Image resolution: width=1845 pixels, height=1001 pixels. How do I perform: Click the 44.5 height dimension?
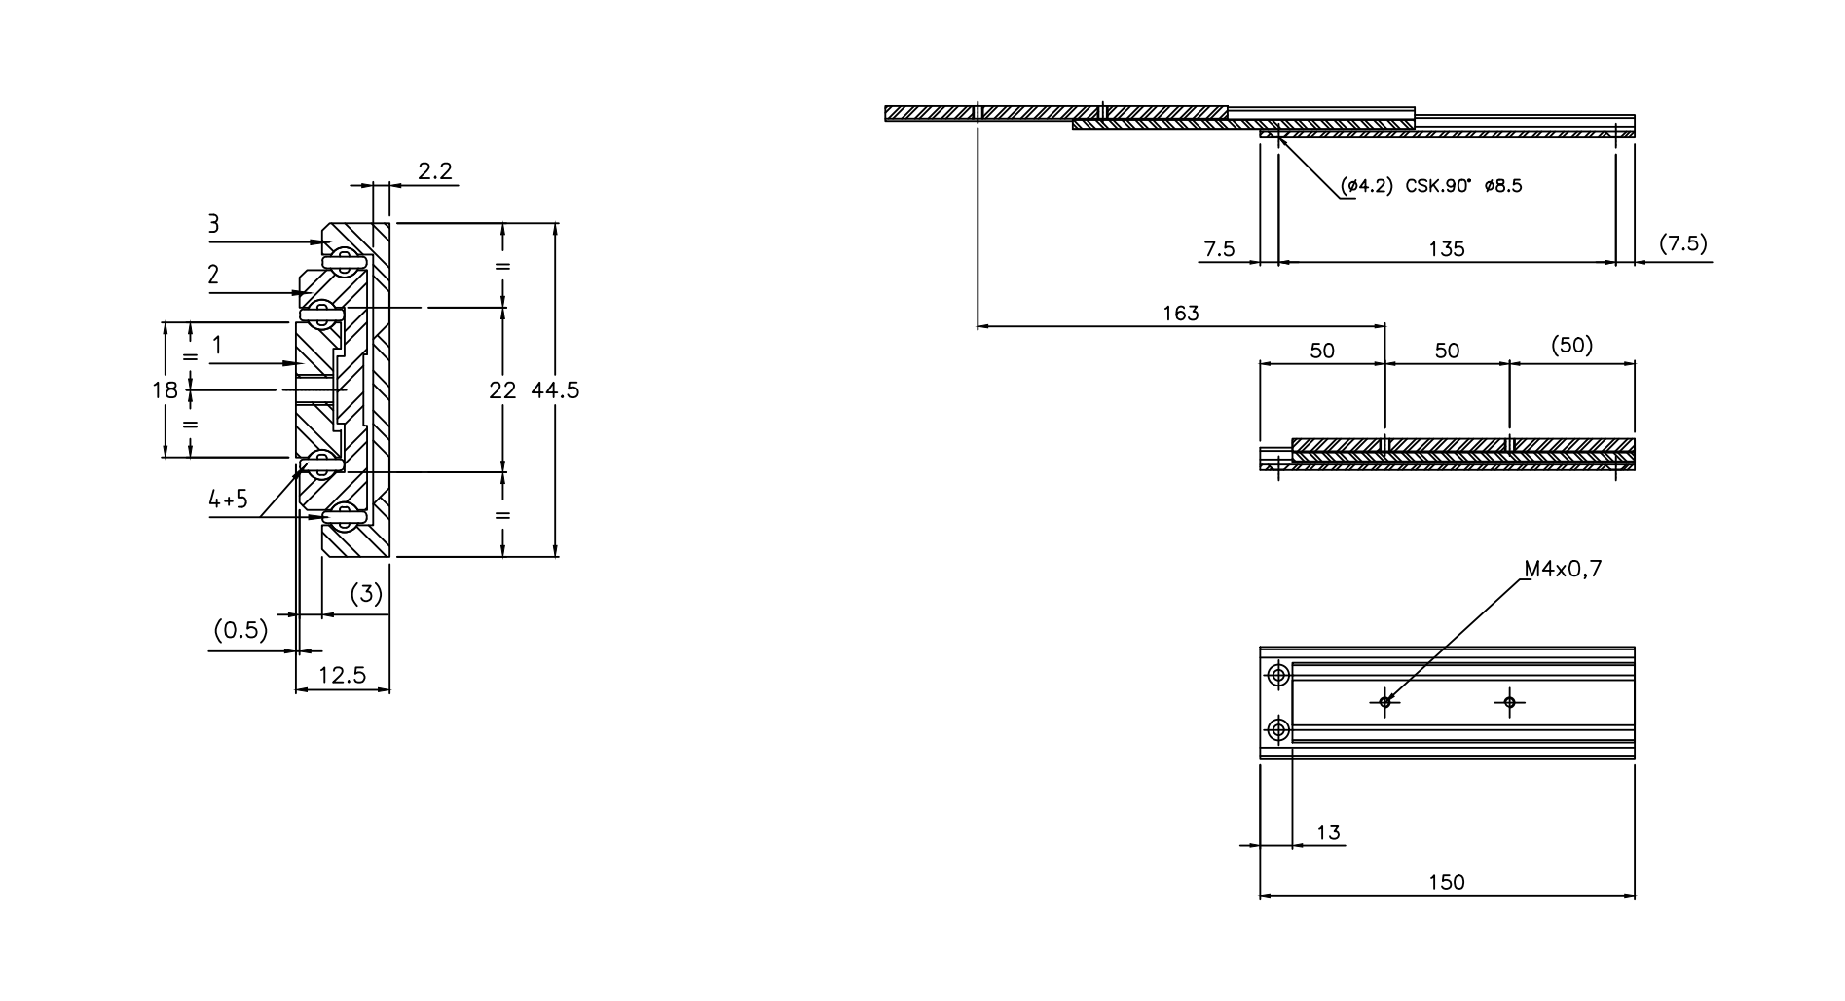pyautogui.click(x=555, y=390)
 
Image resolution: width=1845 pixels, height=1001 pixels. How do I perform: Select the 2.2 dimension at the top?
pyautogui.click(x=435, y=171)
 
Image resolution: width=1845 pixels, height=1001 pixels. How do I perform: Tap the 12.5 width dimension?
pyautogui.click(x=342, y=675)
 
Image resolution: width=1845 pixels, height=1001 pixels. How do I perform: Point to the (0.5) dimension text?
pyautogui.click(x=240, y=630)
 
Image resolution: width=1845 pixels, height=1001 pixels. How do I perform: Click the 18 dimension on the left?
pyautogui.click(x=166, y=390)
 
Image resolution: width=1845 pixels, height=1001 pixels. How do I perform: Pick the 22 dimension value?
pyautogui.click(x=502, y=390)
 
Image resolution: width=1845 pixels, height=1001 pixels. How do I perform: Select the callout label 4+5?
pyautogui.click(x=228, y=500)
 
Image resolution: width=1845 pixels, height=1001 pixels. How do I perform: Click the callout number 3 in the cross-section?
pyautogui.click(x=213, y=225)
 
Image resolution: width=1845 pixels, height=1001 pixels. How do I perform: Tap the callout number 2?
pyautogui.click(x=213, y=276)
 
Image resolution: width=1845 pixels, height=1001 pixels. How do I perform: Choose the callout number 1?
pyautogui.click(x=217, y=345)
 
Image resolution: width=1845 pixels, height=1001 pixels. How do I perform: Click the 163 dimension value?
pyautogui.click(x=1181, y=314)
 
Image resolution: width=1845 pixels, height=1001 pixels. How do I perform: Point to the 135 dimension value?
pyautogui.click(x=1447, y=249)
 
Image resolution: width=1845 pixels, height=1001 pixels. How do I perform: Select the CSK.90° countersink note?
pyautogui.click(x=1430, y=185)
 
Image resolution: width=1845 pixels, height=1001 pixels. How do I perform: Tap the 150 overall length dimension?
pyautogui.click(x=1447, y=882)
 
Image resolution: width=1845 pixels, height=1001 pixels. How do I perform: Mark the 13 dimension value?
pyautogui.click(x=1328, y=833)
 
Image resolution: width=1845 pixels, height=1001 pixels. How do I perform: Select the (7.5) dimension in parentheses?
pyautogui.click(x=1683, y=243)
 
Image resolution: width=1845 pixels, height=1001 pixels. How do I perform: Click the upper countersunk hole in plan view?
pyautogui.click(x=1278, y=675)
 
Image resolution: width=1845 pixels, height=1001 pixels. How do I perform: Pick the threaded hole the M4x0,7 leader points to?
pyautogui.click(x=1384, y=701)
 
